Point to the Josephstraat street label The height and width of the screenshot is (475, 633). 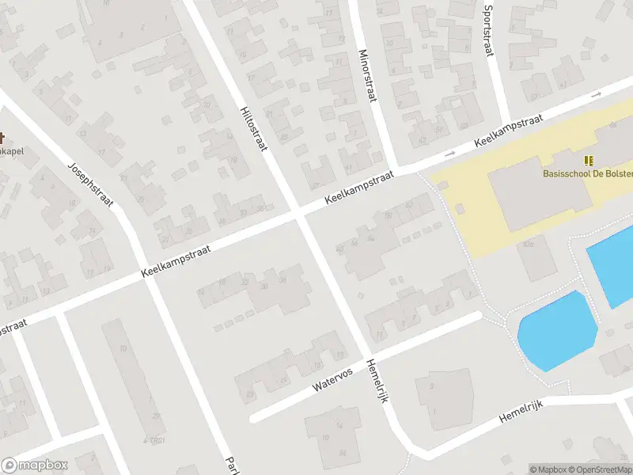pos(90,184)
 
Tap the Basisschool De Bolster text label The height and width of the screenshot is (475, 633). pos(586,173)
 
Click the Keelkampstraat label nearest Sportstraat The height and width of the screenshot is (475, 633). pos(508,131)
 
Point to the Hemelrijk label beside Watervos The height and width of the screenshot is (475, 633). pos(378,382)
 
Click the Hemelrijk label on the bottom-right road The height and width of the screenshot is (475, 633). pos(522,416)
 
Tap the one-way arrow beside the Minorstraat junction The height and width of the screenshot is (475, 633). pos(450,153)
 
